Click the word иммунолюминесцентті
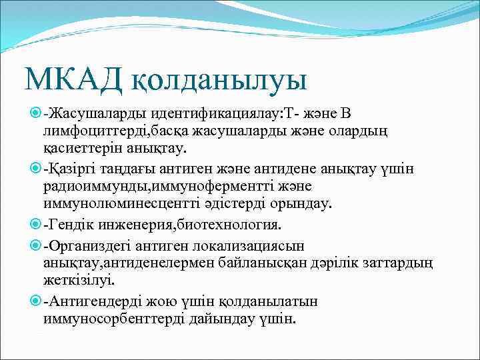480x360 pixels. tap(125, 203)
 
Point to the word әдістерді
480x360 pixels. tap(240, 203)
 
